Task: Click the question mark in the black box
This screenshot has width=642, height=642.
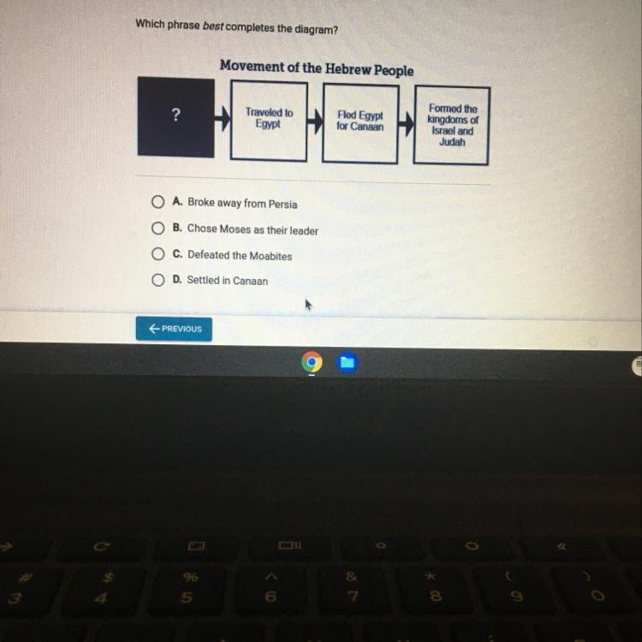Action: coord(176,115)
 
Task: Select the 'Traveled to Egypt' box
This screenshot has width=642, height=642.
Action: coord(269,121)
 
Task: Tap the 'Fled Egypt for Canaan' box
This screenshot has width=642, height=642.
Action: coord(360,123)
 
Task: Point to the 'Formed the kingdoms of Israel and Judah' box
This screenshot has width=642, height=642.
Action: coord(452,125)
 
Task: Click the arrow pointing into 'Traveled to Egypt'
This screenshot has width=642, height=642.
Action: coord(223,118)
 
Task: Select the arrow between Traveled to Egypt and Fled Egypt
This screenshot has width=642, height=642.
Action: coord(315,122)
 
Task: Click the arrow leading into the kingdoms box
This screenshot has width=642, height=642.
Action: coord(406,123)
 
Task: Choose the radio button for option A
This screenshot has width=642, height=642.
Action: coord(158,201)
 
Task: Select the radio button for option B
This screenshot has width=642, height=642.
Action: coord(158,228)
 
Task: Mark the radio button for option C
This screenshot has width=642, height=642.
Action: coord(158,254)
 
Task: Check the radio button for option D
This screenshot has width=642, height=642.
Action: coord(158,280)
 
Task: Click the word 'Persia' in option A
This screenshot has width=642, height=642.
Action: coord(283,204)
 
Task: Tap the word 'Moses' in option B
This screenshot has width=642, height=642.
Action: coord(235,229)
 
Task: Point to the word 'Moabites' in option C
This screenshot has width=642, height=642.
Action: coord(270,256)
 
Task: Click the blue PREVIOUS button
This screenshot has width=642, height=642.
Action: coord(174,329)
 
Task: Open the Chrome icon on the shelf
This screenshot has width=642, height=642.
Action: coord(312,362)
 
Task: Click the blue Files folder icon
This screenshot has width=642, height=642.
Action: coord(348,362)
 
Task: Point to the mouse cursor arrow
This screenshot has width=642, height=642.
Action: coord(308,305)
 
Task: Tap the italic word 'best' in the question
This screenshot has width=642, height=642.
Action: coord(213,27)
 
